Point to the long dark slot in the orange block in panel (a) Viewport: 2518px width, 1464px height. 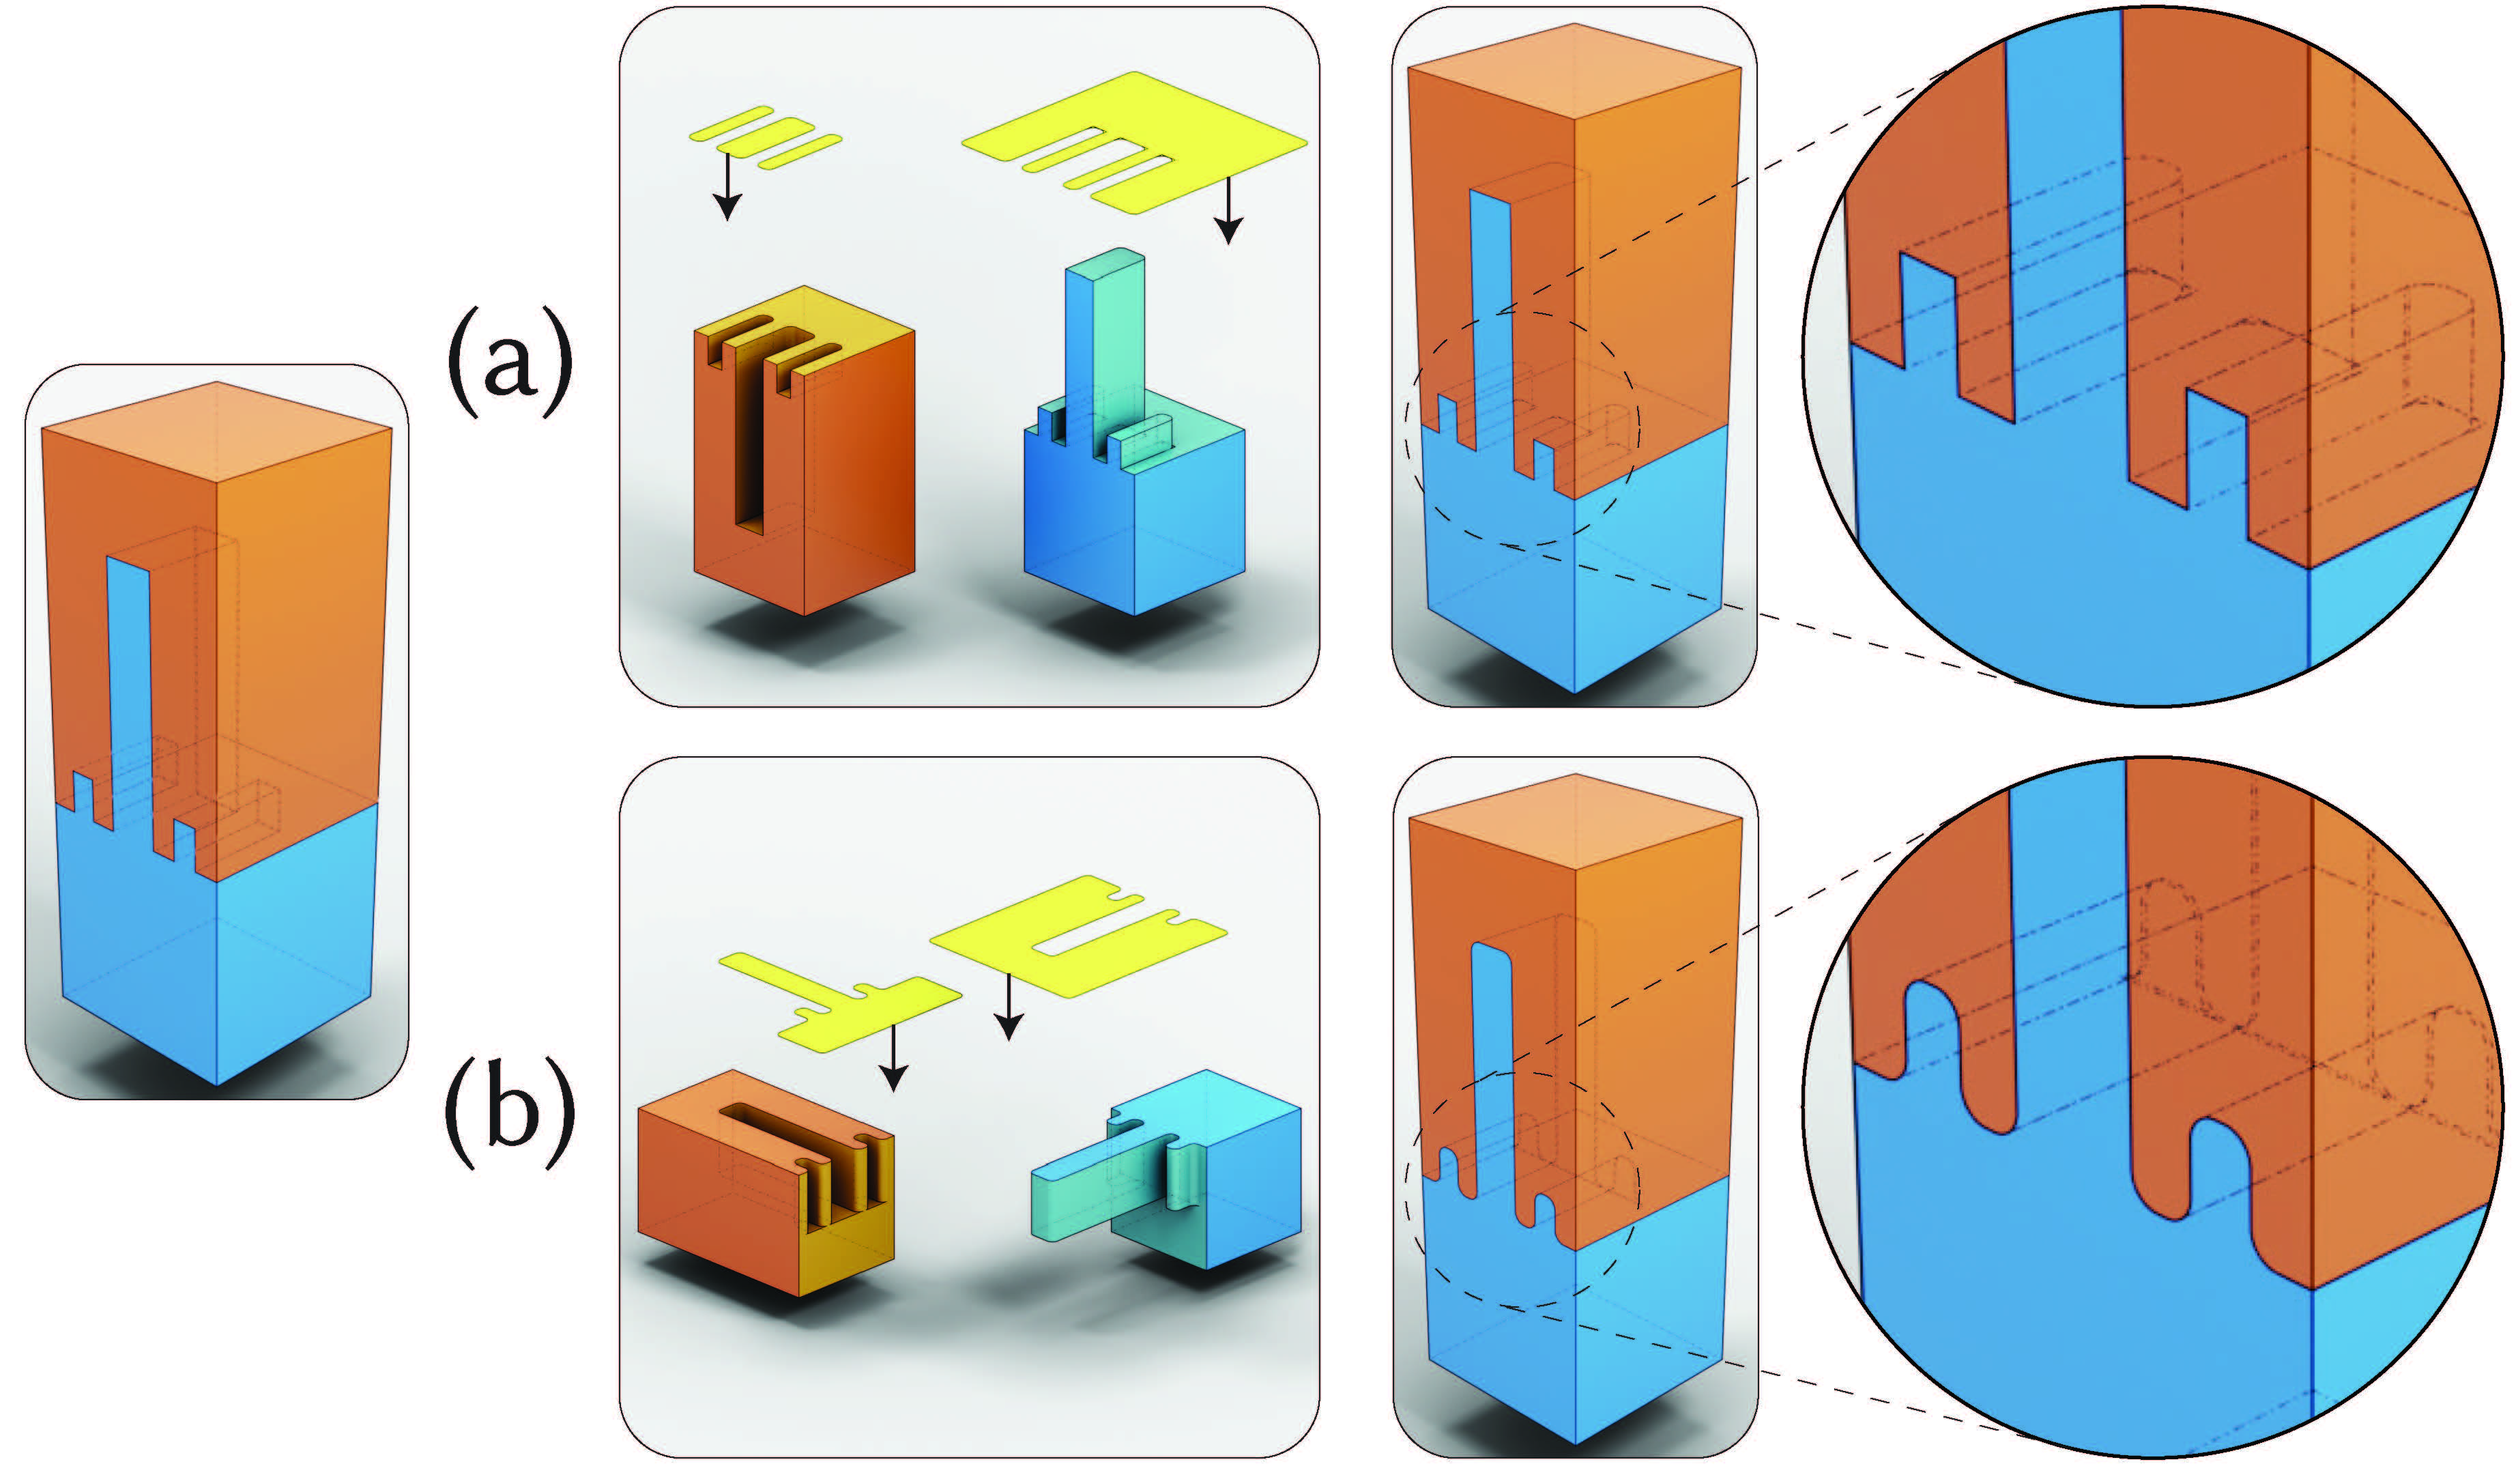(747, 430)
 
